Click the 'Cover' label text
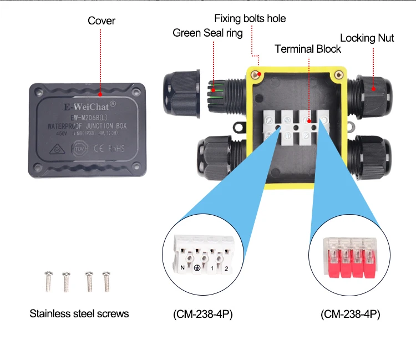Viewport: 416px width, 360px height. click(102, 21)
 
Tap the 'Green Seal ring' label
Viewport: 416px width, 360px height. click(207, 33)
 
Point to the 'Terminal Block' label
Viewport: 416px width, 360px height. click(308, 49)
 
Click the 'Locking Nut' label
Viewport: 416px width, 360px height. click(367, 38)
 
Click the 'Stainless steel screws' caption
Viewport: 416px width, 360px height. click(79, 313)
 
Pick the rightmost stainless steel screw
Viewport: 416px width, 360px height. click(106, 281)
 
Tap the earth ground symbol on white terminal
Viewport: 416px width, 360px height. click(196, 268)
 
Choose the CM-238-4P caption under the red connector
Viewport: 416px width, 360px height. click(350, 315)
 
